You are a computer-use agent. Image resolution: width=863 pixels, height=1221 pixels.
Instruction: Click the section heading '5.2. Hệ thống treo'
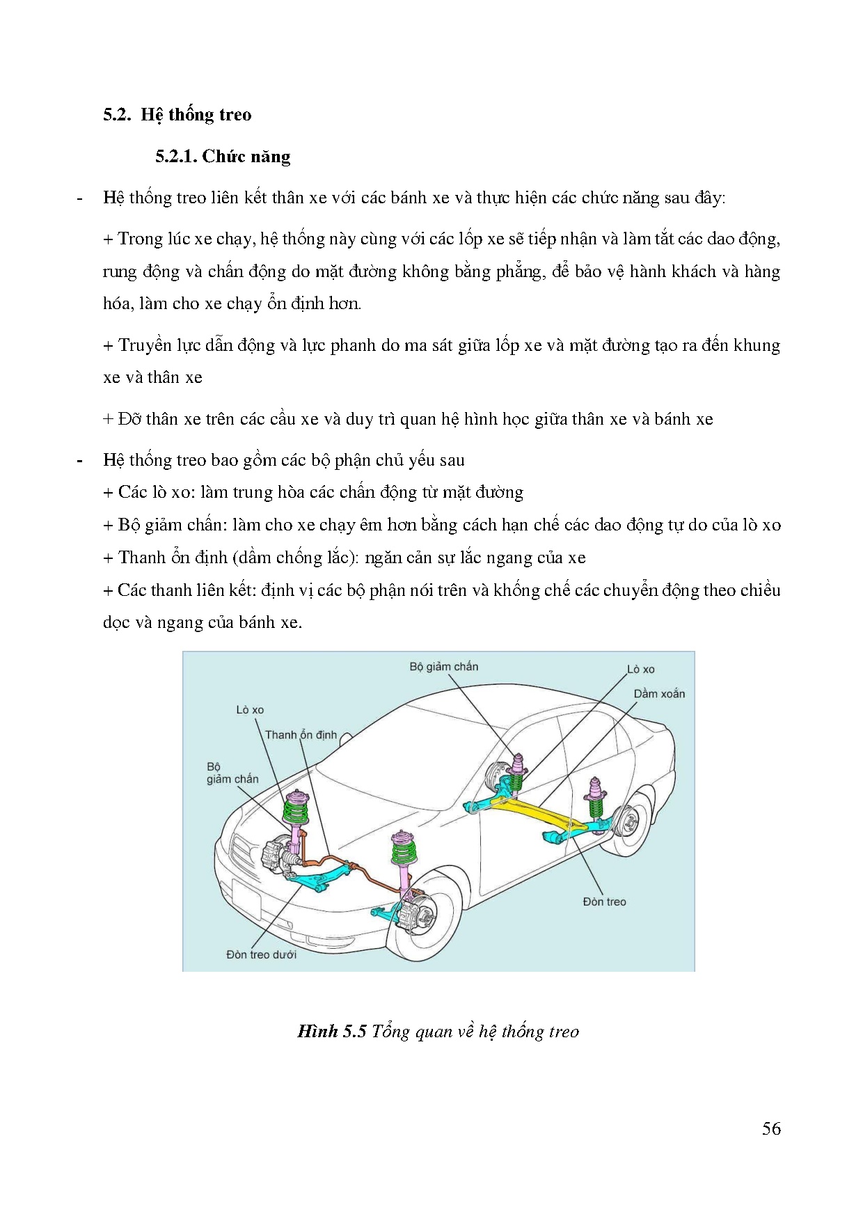pos(177,115)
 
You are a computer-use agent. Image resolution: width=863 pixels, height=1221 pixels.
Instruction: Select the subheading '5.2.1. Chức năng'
pos(223,157)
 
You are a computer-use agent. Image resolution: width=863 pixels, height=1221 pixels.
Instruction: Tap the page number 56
pos(771,1128)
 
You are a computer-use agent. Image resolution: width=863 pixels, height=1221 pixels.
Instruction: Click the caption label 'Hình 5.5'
pos(331,1031)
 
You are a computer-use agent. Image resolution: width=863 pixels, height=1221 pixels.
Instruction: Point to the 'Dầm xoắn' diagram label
pos(658,694)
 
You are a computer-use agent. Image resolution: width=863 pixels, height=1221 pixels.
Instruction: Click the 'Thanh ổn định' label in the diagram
pos(301,735)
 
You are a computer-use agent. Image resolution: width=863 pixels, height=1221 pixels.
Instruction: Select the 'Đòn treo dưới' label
pos(261,954)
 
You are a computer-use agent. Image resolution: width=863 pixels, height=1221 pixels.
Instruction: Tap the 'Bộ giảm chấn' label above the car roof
pos(443,667)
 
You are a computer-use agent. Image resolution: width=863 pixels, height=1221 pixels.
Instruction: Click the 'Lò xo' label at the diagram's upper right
pos(640,670)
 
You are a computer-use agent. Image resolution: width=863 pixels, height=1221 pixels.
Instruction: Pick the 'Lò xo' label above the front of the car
pos(250,710)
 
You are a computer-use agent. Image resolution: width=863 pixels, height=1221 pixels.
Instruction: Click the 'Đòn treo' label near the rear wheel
pos(604,901)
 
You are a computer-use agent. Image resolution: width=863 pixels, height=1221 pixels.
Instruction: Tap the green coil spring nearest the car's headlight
pos(296,810)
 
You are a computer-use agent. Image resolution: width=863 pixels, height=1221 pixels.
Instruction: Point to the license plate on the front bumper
pos(246,897)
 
